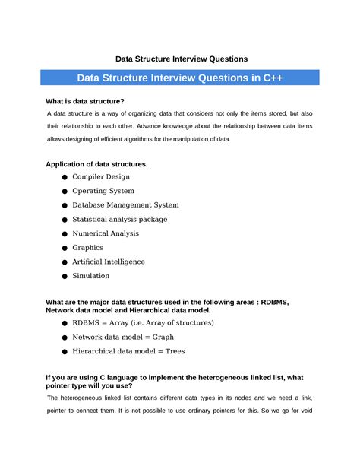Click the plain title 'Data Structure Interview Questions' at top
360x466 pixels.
coord(181,58)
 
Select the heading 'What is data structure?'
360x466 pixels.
coord(85,101)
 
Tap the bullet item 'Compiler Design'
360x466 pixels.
coord(101,176)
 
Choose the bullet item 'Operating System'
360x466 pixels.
coord(103,191)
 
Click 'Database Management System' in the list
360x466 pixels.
coord(125,205)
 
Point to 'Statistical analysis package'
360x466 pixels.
coord(120,219)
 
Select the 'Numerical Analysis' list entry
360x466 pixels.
coord(106,233)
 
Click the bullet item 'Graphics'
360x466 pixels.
coord(87,248)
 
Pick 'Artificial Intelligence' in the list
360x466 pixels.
coord(109,262)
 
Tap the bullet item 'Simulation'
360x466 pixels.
coord(91,276)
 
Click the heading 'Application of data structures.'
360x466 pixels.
coord(97,163)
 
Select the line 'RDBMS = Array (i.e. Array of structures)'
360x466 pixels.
coord(143,323)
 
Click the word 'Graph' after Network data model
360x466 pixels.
coord(163,337)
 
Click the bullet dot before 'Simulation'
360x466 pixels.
coord(65,277)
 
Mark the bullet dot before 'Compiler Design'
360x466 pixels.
coord(65,177)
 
